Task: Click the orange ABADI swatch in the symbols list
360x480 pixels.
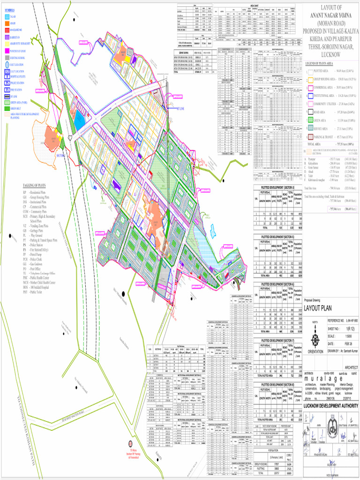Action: (7, 22)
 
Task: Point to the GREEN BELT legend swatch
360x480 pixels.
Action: (7, 107)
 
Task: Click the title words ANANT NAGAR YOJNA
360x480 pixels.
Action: (331, 15)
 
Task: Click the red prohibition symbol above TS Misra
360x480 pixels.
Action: (132, 443)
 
